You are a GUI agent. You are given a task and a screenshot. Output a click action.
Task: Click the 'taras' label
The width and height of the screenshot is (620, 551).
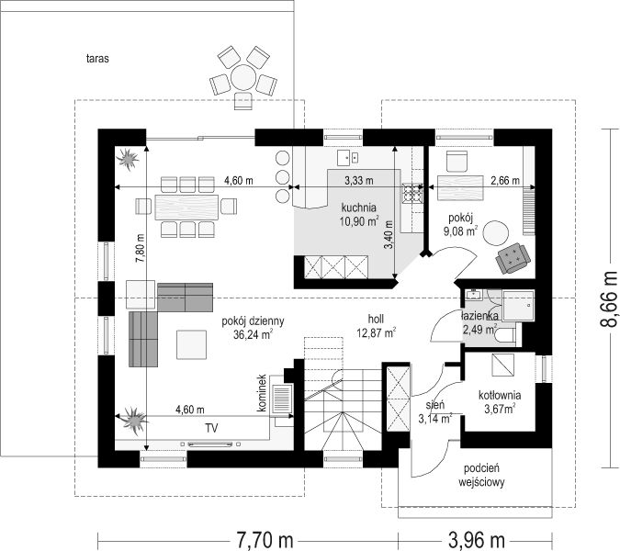coord(97,59)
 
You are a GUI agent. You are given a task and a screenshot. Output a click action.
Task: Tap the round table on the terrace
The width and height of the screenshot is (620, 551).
coord(243,77)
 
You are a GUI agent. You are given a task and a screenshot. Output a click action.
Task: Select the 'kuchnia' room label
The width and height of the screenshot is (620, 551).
coord(358,208)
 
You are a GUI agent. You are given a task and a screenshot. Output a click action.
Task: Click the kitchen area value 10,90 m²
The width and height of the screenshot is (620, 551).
coord(359,221)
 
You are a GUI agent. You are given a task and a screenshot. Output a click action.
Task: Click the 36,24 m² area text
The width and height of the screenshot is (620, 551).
coord(254,334)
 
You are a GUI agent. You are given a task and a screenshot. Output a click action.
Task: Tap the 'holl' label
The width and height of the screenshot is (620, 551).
coord(376,319)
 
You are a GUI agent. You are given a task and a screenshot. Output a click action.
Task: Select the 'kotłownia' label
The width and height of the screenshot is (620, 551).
coord(500,395)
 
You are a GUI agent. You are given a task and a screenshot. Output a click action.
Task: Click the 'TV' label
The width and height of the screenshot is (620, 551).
coord(211,428)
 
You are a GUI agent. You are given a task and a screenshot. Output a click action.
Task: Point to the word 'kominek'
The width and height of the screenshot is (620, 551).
coord(262,393)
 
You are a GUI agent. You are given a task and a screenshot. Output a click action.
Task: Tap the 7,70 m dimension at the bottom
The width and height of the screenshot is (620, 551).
coord(265,540)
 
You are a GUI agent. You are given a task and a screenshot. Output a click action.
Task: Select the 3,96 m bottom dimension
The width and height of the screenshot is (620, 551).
coord(477,540)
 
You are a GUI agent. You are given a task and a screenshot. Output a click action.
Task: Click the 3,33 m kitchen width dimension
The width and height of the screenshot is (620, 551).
coord(358,181)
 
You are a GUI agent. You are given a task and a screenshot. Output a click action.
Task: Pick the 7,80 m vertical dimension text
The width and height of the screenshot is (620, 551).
coord(141,248)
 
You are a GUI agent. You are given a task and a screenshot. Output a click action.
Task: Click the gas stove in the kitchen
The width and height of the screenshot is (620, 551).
coord(412,193)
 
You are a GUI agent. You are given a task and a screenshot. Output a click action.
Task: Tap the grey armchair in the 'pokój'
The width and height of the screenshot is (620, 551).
coord(513,258)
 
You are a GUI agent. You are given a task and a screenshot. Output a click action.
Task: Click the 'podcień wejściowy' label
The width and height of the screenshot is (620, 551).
coord(481,475)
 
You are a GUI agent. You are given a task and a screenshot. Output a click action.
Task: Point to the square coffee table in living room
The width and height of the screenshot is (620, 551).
coord(191,344)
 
